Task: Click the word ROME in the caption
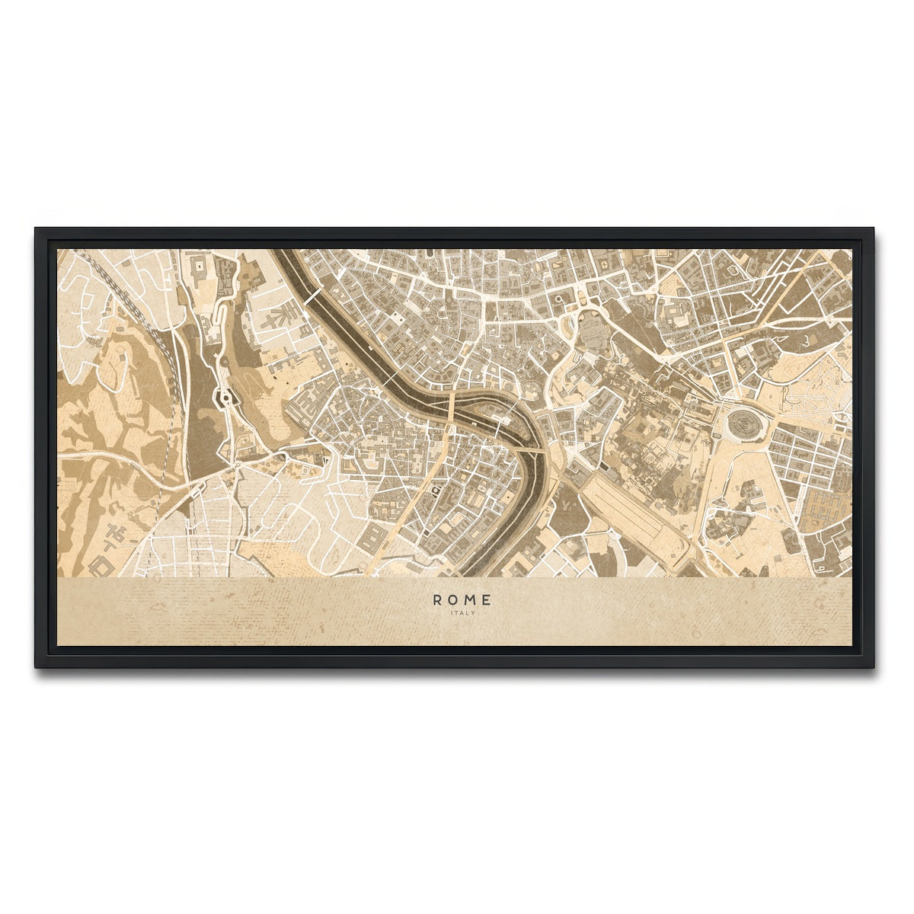[462, 600]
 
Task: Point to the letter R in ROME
[436, 600]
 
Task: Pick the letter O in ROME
[453, 600]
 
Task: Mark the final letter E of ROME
[487, 600]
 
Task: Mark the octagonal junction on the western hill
[226, 397]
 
